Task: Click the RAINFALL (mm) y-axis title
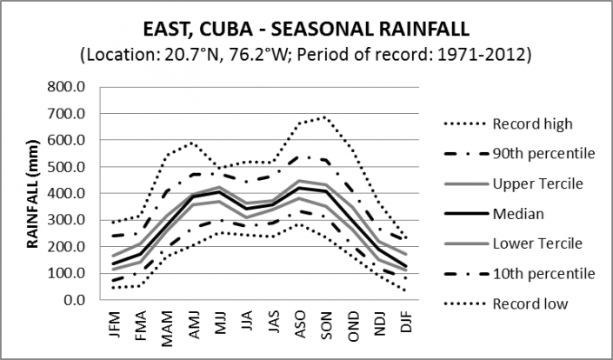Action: pos(32,193)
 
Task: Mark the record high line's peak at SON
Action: pos(324,117)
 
